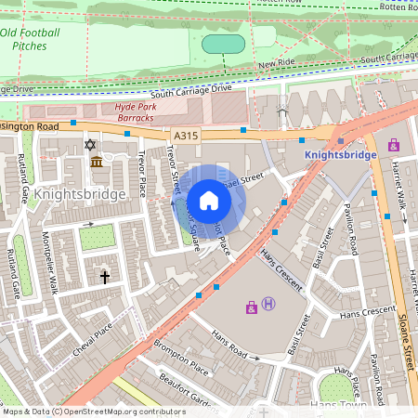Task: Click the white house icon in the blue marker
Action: pos(209,201)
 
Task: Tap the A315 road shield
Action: pos(186,136)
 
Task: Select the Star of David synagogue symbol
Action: pos(90,145)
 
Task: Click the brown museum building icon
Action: pos(97,163)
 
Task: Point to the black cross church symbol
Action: pos(104,277)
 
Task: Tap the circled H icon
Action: pos(268,305)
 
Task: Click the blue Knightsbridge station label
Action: pos(340,155)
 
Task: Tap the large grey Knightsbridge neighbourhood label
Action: pos(79,194)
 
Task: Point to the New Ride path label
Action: pos(277,64)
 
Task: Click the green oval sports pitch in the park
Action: pos(223,44)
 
